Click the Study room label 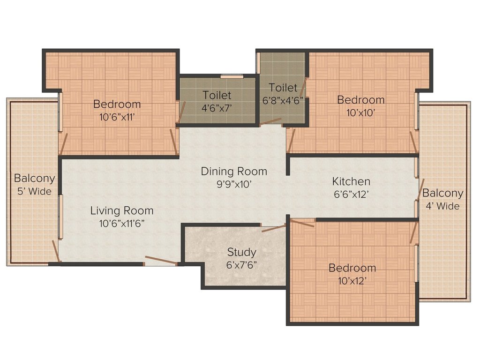[241, 252]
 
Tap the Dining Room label [234, 171]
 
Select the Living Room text [122, 210]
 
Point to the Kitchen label [351, 181]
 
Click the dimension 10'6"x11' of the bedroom [117, 117]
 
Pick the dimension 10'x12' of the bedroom [352, 281]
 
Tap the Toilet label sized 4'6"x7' [217, 95]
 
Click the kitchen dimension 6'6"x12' [351, 194]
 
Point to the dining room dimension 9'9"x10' [234, 184]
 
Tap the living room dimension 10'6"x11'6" [122, 224]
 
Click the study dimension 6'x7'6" [241, 265]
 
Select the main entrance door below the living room [160, 261]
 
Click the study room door [274, 228]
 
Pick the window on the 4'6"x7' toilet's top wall [232, 76]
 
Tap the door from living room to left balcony [56, 252]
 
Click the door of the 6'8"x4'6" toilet [270, 122]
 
